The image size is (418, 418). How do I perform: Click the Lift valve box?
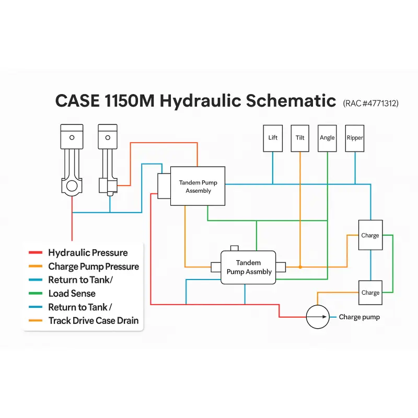tap(273, 138)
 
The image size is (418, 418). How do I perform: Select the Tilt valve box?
tap(300, 138)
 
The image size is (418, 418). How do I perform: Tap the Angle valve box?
tap(327, 138)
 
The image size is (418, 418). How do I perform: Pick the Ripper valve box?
tap(355, 138)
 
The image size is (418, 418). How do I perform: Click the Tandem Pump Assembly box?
tap(198, 187)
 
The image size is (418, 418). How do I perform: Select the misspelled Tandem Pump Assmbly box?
tap(249, 268)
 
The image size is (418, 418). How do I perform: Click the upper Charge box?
tap(370, 235)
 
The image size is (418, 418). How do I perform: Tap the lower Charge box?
tap(370, 292)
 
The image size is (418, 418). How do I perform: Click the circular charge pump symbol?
tap(318, 317)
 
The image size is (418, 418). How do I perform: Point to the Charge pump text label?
tap(359, 317)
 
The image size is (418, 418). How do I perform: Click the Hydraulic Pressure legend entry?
tap(87, 253)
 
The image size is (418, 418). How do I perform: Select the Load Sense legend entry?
tap(72, 294)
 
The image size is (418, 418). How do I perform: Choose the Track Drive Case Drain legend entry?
tap(94, 321)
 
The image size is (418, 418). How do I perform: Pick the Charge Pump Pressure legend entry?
tap(94, 266)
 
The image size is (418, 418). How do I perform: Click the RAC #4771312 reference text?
tap(371, 103)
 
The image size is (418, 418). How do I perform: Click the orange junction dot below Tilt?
tap(300, 267)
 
